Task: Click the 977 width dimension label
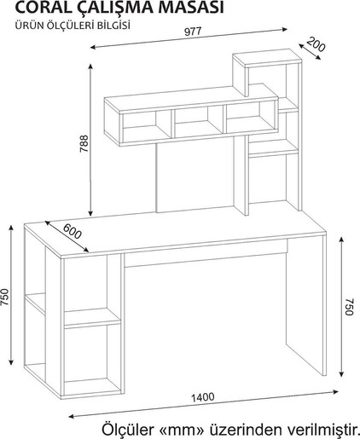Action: point(193,32)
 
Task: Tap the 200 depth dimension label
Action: point(316,44)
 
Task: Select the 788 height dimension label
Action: point(84,144)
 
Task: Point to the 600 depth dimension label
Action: point(72,231)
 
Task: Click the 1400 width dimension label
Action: point(202,396)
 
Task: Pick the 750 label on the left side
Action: point(5,297)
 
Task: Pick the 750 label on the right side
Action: point(349,306)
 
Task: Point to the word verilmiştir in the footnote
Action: point(323,429)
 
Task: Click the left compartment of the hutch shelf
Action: point(147,124)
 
